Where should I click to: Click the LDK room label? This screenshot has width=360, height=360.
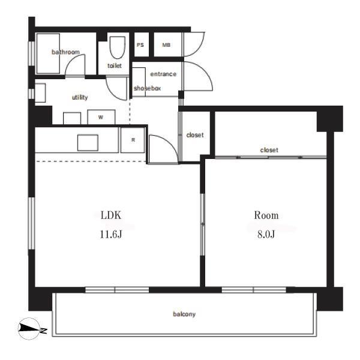(111, 215)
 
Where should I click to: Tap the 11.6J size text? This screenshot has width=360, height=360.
(111, 234)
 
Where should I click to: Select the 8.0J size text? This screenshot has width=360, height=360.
(266, 234)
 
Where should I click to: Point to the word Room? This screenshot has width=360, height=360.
(266, 215)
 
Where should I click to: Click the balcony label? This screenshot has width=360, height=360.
(184, 314)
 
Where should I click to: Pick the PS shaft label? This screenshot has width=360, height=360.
(140, 45)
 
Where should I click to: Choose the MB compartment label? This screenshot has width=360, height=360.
(166, 45)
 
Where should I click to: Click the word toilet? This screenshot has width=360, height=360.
(115, 65)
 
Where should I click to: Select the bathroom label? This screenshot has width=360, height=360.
(65, 52)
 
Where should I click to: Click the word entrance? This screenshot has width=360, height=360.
(163, 74)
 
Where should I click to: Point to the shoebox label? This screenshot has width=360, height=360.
(147, 88)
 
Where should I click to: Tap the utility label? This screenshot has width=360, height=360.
(80, 97)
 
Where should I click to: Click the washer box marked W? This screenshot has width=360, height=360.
(101, 117)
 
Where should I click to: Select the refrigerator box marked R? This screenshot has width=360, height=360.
(133, 140)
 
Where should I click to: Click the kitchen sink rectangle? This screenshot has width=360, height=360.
(88, 143)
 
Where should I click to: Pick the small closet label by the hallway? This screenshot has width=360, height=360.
(195, 135)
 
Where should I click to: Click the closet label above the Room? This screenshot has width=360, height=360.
(269, 150)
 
